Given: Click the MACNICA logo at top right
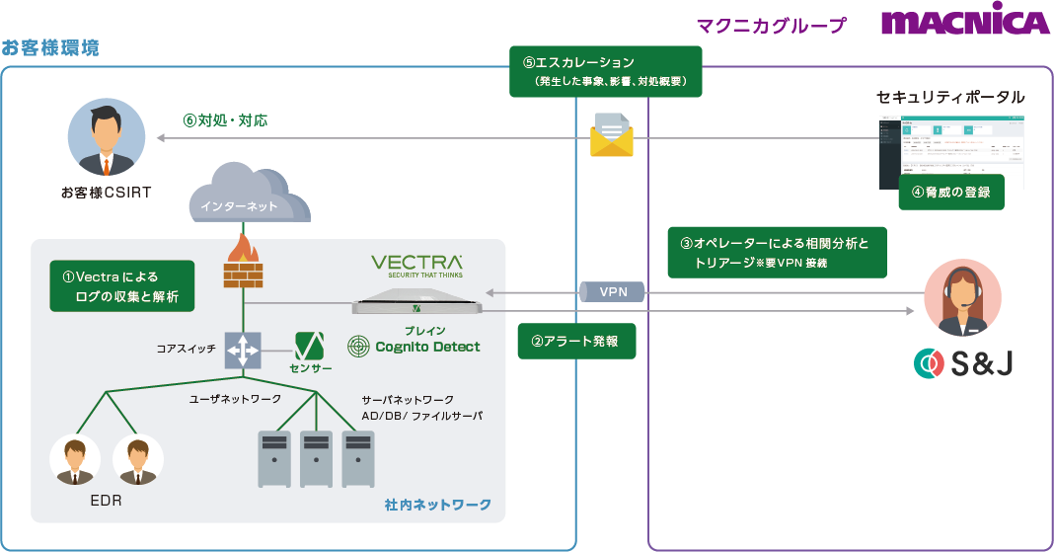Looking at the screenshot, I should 964,24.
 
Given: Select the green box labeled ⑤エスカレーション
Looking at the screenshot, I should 605,72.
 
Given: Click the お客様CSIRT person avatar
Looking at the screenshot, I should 107,137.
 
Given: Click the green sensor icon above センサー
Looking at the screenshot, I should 311,346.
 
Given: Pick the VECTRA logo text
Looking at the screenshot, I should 416,265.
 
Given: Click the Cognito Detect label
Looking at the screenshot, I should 414,346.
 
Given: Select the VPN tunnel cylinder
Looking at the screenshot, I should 613,291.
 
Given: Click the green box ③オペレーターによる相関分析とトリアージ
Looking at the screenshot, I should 777,254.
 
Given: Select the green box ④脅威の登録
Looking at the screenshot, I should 950,193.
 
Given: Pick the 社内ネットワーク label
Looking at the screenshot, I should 437,505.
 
